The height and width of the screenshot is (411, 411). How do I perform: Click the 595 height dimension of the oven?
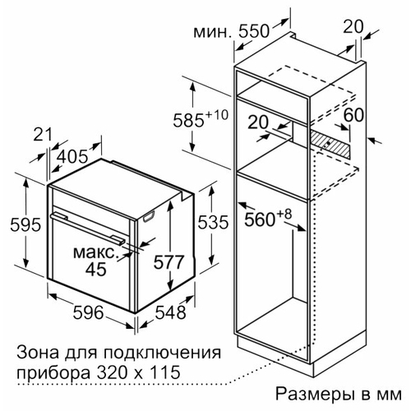[x=25, y=225]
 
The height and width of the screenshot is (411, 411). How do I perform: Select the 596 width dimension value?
[x=89, y=312]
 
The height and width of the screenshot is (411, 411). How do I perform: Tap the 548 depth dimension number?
[x=170, y=312]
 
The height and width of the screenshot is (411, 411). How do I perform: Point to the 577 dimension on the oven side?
[x=168, y=262]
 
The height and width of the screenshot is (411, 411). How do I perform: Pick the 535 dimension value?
[x=213, y=222]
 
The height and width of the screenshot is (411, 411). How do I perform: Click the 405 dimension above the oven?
[x=73, y=157]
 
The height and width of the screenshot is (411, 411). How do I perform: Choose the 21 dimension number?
[x=43, y=135]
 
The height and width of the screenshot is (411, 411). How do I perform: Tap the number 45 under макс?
[x=95, y=269]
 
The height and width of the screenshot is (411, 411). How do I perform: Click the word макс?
[x=95, y=252]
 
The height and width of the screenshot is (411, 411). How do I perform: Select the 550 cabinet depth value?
[x=254, y=31]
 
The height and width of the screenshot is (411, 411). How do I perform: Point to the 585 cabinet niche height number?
[x=188, y=120]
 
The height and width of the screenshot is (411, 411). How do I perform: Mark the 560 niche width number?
[x=260, y=219]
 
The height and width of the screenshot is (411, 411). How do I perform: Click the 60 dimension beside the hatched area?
[x=353, y=115]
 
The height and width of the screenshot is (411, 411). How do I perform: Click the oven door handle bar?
[x=88, y=227]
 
